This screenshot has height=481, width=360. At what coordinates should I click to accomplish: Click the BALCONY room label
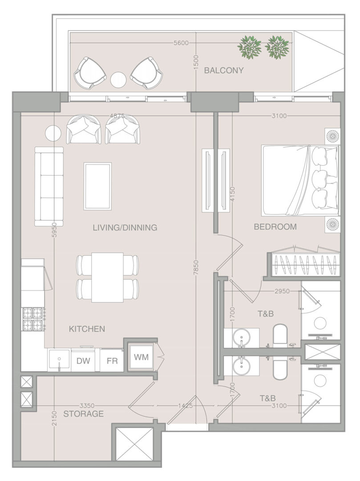[x=224, y=70]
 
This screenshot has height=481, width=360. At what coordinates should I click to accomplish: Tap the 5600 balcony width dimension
[x=181, y=43]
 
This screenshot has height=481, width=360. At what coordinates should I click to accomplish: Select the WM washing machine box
[x=141, y=357]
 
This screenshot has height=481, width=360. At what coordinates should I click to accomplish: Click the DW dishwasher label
[x=83, y=361]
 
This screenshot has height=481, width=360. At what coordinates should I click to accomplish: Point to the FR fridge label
[x=112, y=361]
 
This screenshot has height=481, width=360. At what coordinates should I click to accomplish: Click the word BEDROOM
[x=275, y=227]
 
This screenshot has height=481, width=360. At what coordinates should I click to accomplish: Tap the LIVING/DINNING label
[x=125, y=228]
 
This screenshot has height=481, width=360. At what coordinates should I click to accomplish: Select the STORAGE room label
[x=83, y=414]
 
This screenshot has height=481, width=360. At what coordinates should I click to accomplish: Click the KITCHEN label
[x=87, y=329]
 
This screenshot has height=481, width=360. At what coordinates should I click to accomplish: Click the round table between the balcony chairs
[x=118, y=80]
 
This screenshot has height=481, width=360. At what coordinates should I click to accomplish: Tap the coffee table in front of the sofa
[x=98, y=187]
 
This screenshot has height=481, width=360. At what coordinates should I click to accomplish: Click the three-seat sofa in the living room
[x=49, y=187]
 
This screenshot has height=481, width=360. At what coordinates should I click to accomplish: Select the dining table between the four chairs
[x=108, y=277]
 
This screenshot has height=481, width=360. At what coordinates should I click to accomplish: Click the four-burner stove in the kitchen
[x=33, y=318]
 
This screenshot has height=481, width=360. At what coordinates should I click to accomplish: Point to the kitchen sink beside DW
[x=59, y=360]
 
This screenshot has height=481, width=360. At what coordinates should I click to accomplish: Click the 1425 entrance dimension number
[x=186, y=406]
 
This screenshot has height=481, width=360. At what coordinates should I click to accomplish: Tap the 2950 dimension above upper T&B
[x=282, y=291]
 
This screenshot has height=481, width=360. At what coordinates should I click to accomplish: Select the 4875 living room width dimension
[x=117, y=116]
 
